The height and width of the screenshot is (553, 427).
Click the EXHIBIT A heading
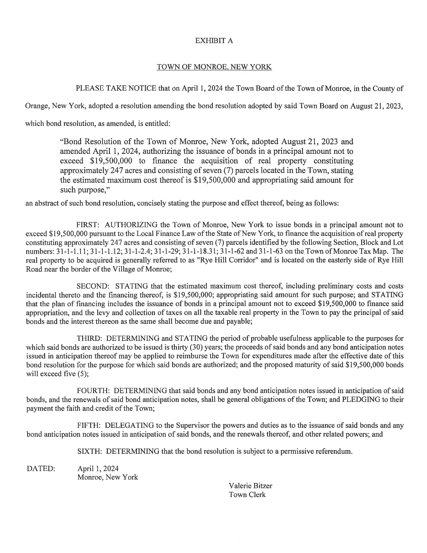(x=214, y=41)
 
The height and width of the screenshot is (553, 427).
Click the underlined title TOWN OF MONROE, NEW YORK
(x=214, y=67)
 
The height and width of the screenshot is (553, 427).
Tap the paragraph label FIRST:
(x=87, y=225)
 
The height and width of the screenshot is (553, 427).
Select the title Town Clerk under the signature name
(x=247, y=495)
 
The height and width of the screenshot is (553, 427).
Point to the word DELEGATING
(x=129, y=426)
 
